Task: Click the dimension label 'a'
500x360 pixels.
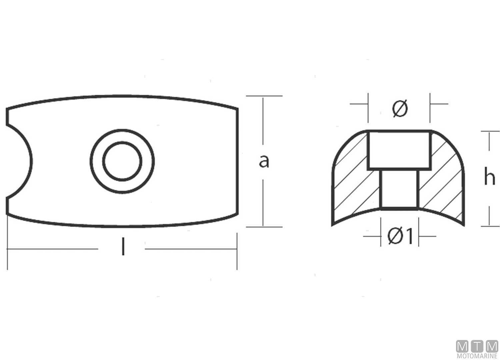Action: pyautogui.click(x=264, y=161)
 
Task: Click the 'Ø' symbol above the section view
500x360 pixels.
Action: pyautogui.click(x=400, y=109)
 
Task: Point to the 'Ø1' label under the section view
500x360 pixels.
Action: pyautogui.click(x=400, y=236)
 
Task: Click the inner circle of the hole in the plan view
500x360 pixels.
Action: pyautogui.click(x=122, y=161)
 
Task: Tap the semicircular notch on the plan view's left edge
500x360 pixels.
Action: pyautogui.click(x=18, y=161)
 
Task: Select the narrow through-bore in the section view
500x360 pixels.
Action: pyautogui.click(x=399, y=188)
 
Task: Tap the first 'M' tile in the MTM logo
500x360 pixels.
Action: pyautogui.click(x=462, y=346)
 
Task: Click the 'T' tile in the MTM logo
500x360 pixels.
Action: pyautogui.click(x=477, y=346)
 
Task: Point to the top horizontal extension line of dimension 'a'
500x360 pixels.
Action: pyautogui.click(x=264, y=96)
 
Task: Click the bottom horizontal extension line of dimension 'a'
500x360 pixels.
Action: pyautogui.click(x=264, y=227)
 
